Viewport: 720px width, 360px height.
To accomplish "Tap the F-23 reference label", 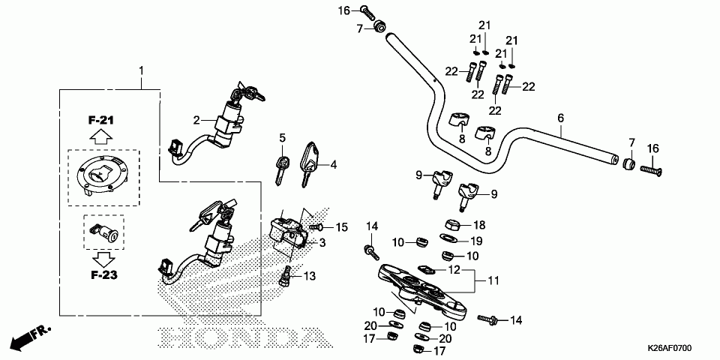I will pos(100,275).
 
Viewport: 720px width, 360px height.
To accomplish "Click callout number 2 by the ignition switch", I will pos(196,120).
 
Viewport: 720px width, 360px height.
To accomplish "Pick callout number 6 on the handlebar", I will pos(559,118).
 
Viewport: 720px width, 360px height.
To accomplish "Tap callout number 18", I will pos(479,224).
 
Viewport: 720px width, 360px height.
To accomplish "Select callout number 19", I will pos(475,241).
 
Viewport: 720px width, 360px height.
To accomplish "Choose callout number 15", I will pos(341,226).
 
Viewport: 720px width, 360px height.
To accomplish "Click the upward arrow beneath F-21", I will pos(102,137).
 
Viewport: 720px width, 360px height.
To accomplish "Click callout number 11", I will pos(493,280).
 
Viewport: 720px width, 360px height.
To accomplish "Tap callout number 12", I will pos(454,269).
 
